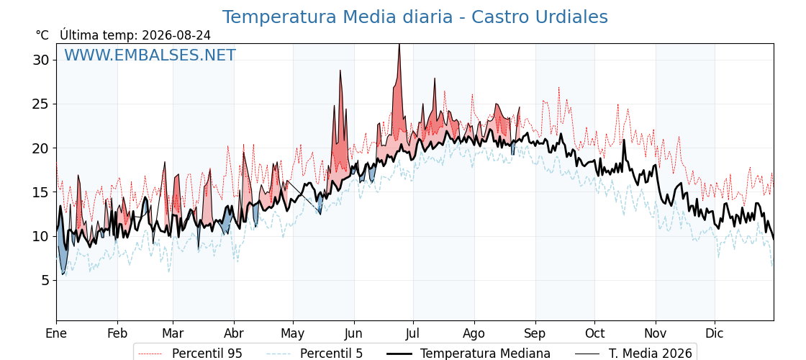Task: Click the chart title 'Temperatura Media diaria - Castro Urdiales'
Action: (415, 17)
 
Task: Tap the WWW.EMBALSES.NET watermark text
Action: (150, 55)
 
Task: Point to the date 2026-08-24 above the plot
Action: (176, 35)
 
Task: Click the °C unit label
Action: (42, 35)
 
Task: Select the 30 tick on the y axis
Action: (43, 60)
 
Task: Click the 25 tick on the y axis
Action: (43, 104)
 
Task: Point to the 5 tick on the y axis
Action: (46, 280)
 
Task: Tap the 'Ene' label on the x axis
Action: (56, 333)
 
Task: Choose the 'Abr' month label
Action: (234, 333)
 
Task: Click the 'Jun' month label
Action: (353, 333)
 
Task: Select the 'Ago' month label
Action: (474, 334)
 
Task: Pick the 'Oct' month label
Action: (594, 333)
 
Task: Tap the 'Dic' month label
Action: (715, 333)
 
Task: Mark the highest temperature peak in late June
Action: (399, 45)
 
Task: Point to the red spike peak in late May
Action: (340, 71)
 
